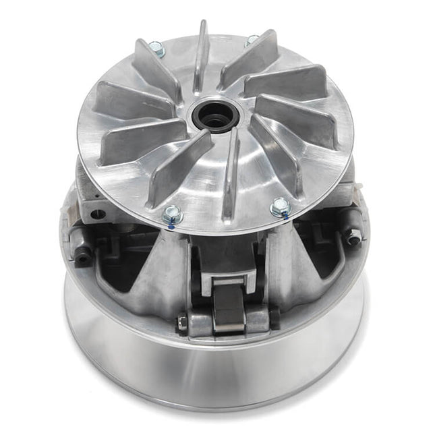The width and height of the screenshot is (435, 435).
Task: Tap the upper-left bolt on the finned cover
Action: (156, 49)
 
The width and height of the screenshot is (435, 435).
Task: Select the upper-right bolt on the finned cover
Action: (252, 40)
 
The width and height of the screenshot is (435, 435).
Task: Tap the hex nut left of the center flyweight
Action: (182, 323)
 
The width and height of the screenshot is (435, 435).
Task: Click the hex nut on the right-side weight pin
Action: (352, 237)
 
